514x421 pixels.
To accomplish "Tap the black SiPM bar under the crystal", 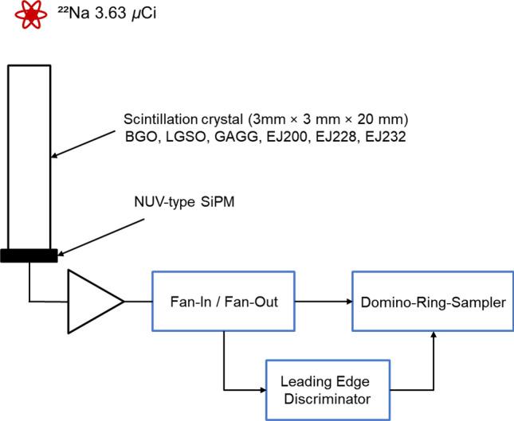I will tap(28, 255).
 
